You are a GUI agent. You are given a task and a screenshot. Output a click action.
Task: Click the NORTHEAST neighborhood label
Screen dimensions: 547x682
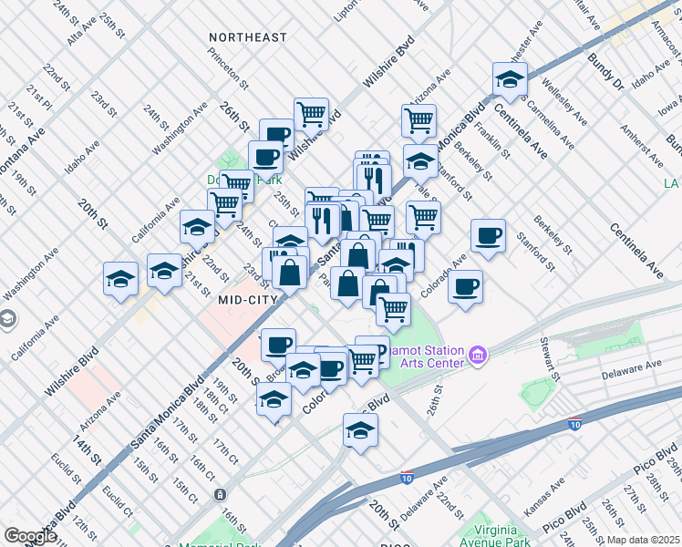pos(247,37)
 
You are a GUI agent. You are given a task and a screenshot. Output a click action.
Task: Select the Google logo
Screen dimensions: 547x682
pos(29,536)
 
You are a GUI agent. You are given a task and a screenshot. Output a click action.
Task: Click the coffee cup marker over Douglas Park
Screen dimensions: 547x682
pos(265,157)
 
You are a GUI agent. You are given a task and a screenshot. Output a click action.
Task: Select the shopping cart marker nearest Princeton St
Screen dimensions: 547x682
pos(311,115)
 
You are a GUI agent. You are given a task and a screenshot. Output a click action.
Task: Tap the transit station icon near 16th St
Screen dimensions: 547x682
pos(220,494)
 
